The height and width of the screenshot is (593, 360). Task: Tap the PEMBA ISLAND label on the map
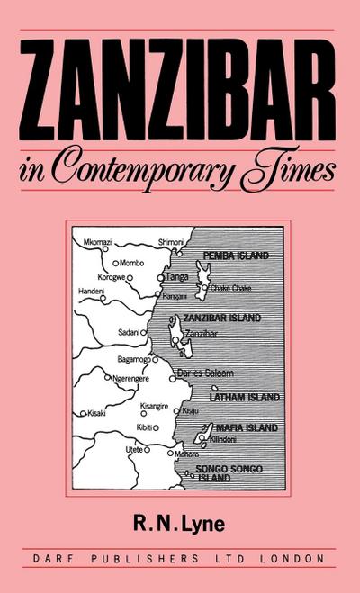[x=236, y=256]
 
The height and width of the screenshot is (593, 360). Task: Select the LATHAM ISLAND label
[x=244, y=396]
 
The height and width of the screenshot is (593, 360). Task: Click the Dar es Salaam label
[x=208, y=373]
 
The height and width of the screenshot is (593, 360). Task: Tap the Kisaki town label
[x=97, y=413]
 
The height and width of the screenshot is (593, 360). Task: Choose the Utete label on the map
[x=135, y=447]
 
